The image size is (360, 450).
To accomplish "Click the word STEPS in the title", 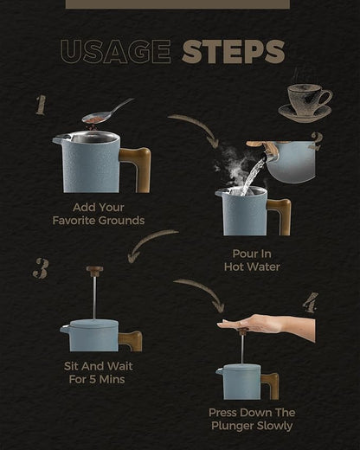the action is (x=234, y=52).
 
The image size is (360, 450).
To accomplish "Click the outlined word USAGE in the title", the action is (x=116, y=52).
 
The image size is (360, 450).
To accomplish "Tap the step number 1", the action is (x=41, y=106).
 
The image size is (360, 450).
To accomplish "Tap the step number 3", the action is (x=41, y=268).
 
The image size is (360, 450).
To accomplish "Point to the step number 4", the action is (x=311, y=302).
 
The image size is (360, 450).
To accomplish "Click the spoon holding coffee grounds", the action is (x=107, y=112).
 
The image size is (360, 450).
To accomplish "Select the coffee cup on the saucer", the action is (x=305, y=102).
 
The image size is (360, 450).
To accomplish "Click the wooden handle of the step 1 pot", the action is (x=138, y=169).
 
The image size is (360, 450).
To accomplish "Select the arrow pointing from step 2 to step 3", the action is (x=149, y=241).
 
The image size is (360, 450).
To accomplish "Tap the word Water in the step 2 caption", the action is (x=266, y=267).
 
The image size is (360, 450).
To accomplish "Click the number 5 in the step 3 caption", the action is (x=93, y=379).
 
